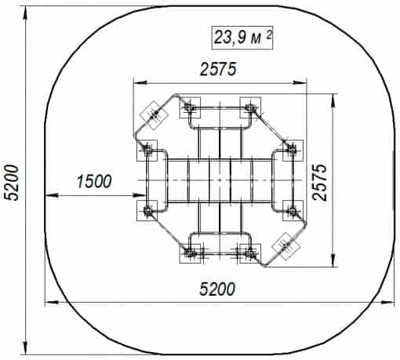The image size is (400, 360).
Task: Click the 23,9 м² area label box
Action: click(x=242, y=38)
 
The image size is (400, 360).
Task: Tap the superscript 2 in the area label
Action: click(x=268, y=35)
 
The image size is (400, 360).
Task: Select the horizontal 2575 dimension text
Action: click(x=218, y=69)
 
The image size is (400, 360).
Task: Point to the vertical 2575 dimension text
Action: click(x=320, y=183)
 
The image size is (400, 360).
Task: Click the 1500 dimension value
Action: click(x=94, y=181)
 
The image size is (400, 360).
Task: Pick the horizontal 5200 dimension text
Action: click(x=217, y=289)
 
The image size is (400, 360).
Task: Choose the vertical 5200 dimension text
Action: click(x=12, y=183)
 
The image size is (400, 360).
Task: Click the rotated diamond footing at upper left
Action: click(x=154, y=115)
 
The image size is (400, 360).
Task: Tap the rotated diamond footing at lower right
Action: click(x=286, y=245)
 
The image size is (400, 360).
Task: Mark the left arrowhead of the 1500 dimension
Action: click(x=51, y=195)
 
